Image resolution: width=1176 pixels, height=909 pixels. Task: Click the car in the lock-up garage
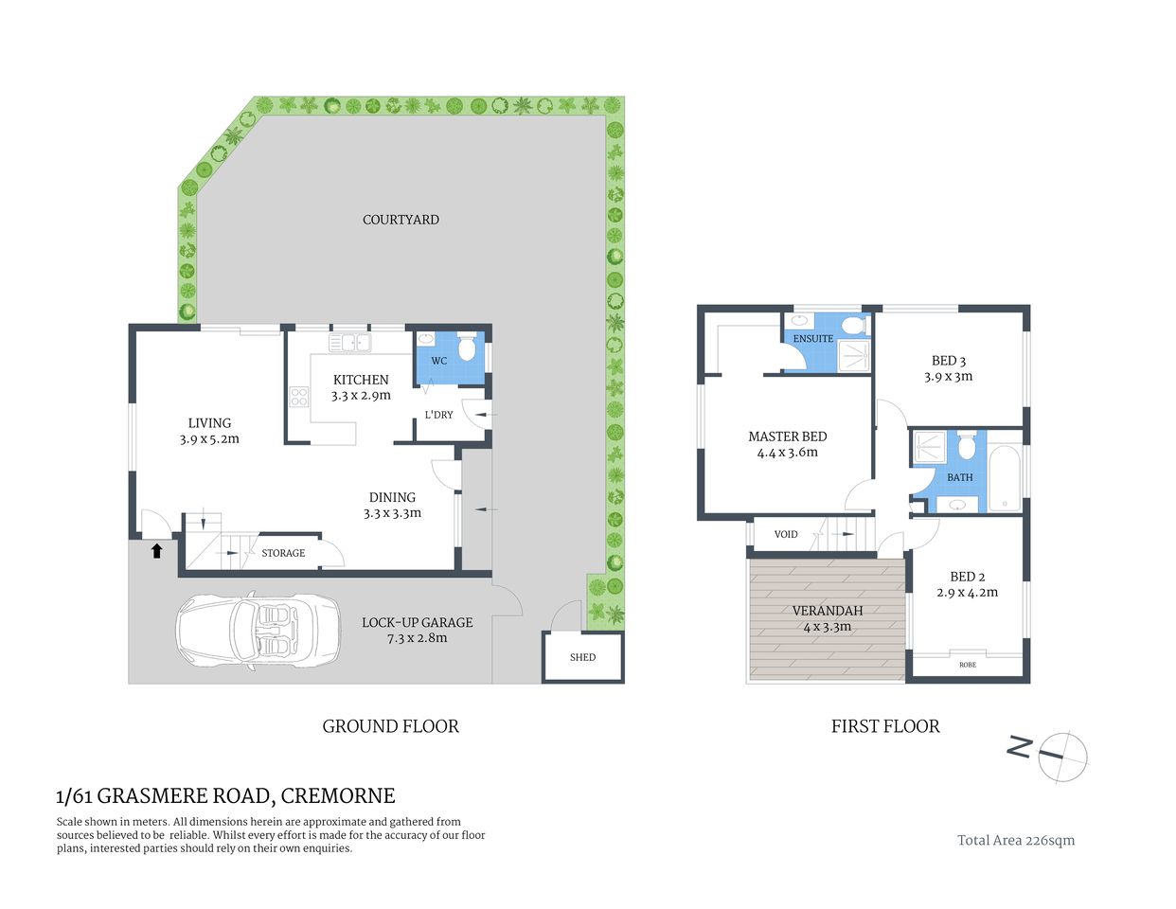258,633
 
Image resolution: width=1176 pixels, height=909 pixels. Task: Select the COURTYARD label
401,220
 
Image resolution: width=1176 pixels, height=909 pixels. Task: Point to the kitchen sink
348,342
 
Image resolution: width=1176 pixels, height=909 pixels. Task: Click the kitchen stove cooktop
299,398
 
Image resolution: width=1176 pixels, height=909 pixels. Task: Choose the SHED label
582,657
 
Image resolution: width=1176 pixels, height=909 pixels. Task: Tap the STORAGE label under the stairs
283,553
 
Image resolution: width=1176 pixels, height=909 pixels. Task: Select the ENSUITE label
812,339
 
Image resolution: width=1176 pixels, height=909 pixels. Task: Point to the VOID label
786,535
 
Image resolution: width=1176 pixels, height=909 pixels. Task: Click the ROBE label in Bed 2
967,665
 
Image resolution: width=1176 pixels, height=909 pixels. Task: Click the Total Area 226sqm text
1015,840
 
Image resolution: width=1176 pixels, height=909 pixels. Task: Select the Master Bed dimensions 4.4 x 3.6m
787,453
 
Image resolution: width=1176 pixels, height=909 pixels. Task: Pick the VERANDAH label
827,611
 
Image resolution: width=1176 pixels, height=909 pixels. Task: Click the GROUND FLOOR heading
390,726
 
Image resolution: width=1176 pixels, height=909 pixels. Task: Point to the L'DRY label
438,415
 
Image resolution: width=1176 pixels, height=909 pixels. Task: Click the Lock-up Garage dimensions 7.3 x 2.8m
417,638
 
